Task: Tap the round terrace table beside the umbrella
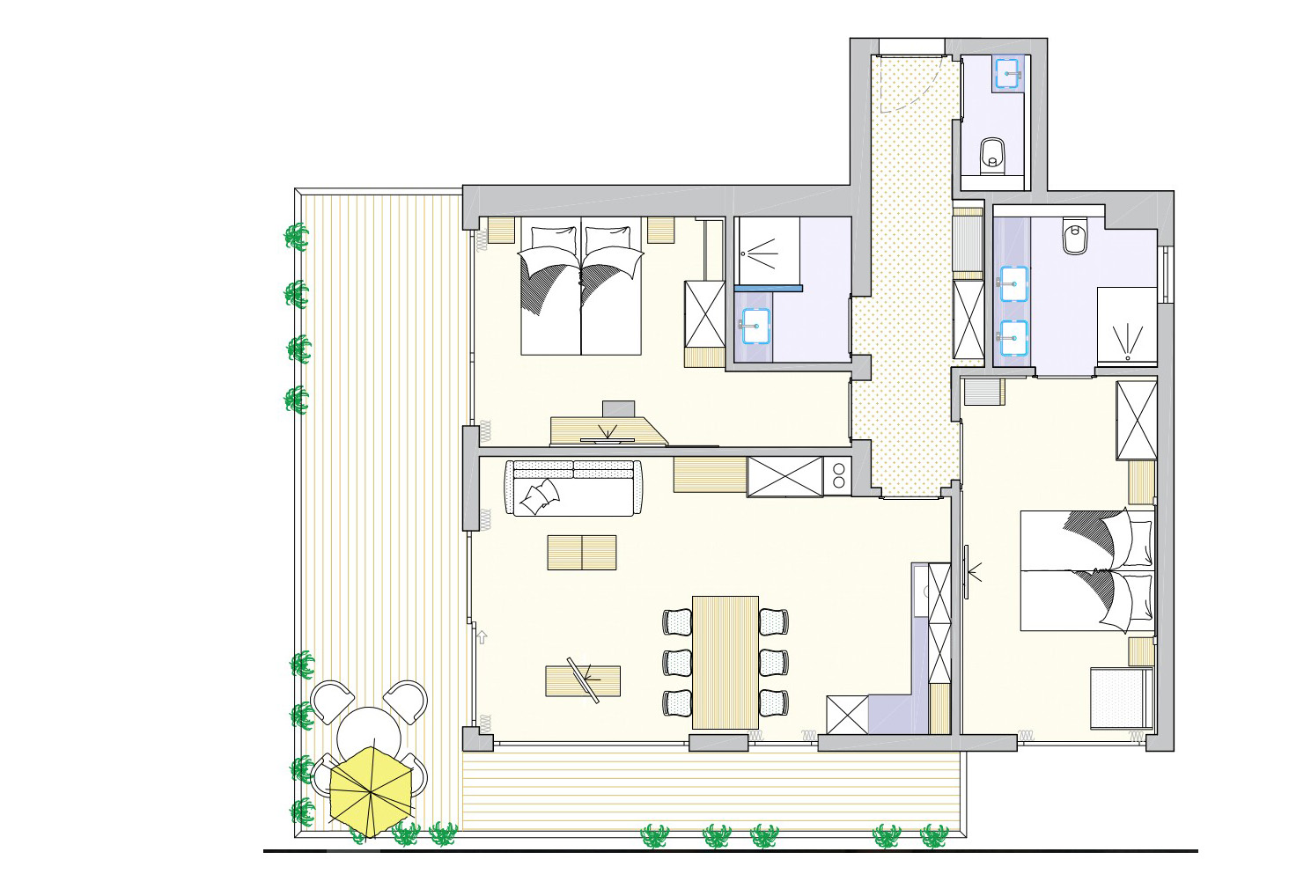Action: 369,732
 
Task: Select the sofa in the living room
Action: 573,488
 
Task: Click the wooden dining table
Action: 725,662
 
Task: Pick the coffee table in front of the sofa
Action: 582,552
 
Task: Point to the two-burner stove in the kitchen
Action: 838,476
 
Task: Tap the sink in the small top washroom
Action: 1007,73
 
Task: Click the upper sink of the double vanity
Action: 1013,283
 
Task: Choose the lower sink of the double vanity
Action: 1013,336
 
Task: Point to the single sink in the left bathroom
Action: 755,326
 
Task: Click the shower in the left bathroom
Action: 768,251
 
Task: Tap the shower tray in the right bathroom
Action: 1126,327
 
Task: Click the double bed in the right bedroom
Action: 1087,569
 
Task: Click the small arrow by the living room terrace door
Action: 482,637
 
